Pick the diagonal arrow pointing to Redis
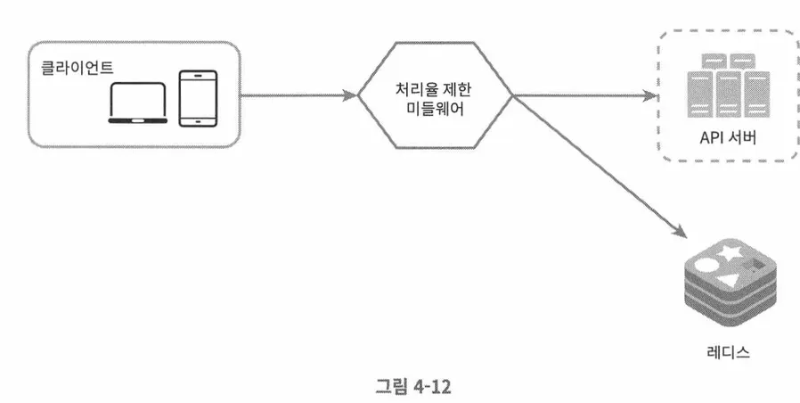[606, 169]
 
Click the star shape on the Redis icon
[734, 253]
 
